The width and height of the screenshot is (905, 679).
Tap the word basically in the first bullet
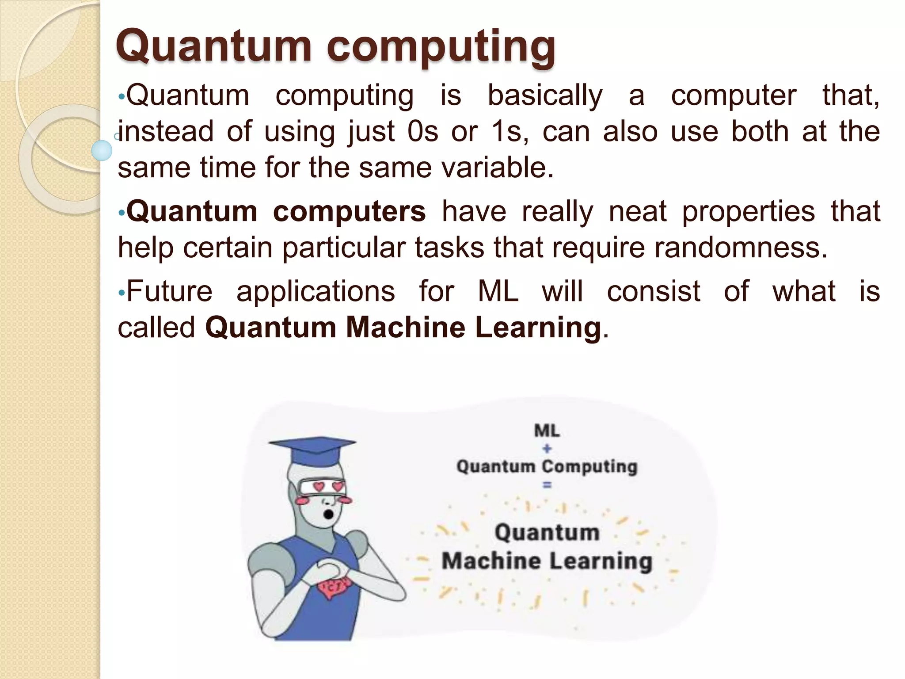click(x=545, y=96)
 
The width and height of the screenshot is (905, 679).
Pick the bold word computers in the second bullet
click(x=349, y=211)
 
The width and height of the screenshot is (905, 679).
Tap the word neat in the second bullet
click(x=638, y=211)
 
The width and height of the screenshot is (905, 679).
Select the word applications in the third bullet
click(x=316, y=292)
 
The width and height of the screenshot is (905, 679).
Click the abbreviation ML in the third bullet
click(x=498, y=292)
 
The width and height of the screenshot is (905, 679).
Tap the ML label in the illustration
click(x=547, y=430)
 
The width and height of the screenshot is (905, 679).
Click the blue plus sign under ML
click(x=547, y=449)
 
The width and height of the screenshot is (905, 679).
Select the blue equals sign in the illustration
click(x=547, y=485)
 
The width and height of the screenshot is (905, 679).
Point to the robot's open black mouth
click(x=329, y=514)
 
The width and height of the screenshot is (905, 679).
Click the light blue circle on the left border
click(x=102, y=150)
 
